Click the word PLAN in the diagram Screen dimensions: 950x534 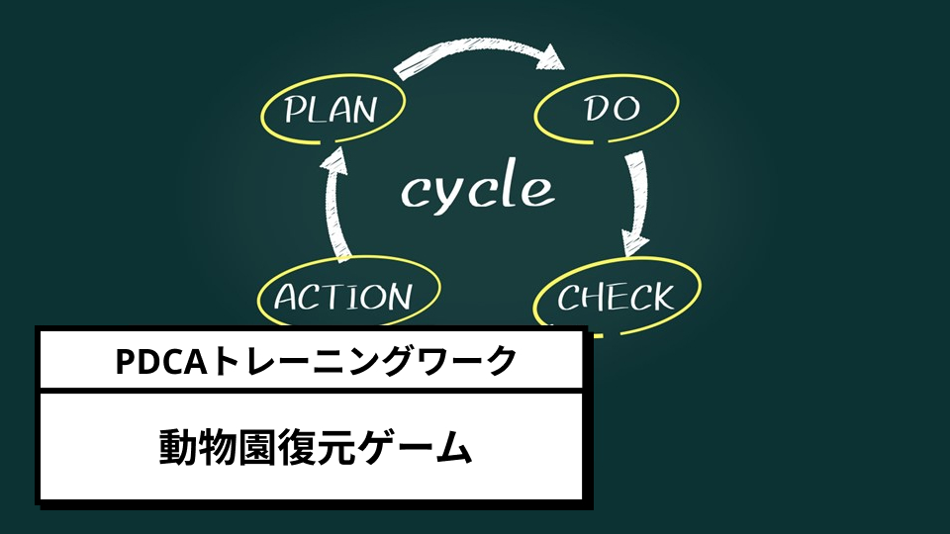[x=331, y=110]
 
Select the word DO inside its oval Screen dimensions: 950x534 [x=612, y=109]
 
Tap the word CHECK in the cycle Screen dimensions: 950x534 [x=616, y=297]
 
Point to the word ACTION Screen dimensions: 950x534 [x=343, y=297]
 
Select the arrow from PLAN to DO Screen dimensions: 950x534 [x=479, y=47]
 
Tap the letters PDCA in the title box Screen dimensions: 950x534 [x=161, y=362]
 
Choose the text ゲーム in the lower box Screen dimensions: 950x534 [x=415, y=448]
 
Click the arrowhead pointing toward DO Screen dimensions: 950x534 [x=552, y=57]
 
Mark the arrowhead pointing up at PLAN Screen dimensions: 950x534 [x=333, y=158]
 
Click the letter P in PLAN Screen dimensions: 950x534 [x=295, y=110]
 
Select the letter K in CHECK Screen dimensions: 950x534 [x=662, y=297]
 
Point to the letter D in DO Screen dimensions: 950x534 [x=596, y=109]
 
